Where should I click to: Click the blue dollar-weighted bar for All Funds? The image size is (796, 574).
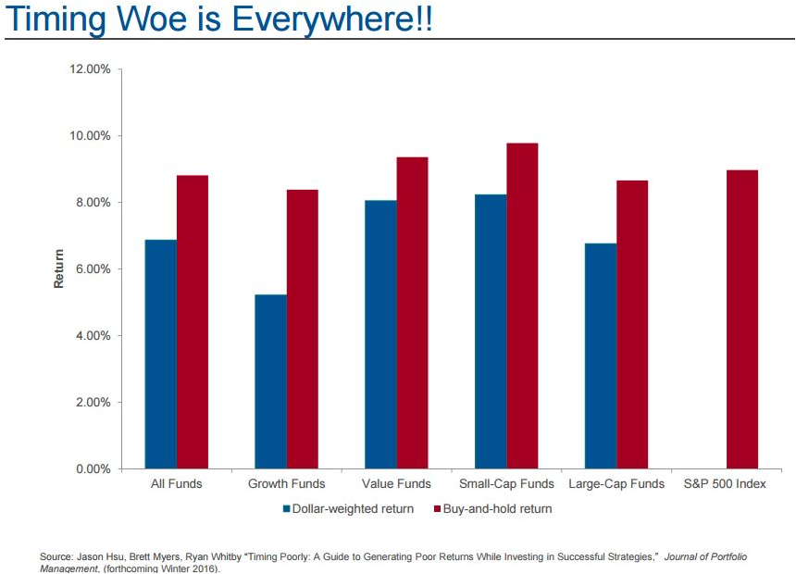click(160, 355)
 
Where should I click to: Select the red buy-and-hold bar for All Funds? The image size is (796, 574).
click(193, 322)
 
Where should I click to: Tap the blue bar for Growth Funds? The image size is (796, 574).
click(270, 381)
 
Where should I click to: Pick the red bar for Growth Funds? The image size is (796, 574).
click(303, 330)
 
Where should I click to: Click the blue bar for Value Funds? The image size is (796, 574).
click(380, 334)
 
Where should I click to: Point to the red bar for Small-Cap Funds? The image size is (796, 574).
click(522, 306)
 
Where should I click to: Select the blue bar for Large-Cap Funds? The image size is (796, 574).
click(600, 356)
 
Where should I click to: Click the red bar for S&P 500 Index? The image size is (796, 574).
click(742, 319)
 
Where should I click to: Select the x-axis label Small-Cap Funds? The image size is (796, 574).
click(506, 484)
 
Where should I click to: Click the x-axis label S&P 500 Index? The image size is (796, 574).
click(725, 484)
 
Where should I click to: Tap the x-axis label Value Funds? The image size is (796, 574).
click(396, 484)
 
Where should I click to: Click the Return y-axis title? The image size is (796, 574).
click(59, 268)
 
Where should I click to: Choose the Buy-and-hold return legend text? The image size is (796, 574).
click(497, 509)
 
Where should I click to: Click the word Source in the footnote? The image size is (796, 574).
click(55, 556)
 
